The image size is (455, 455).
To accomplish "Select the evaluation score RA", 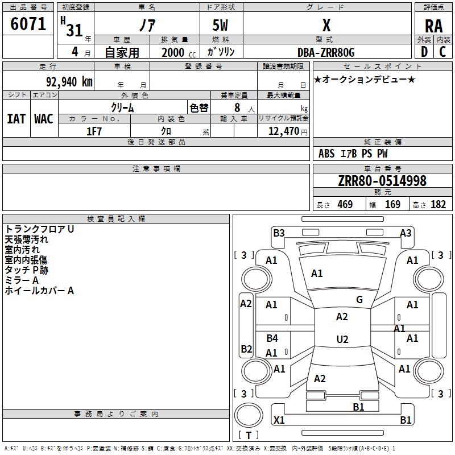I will (x=433, y=26).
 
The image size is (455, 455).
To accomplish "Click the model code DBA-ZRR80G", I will (x=326, y=52).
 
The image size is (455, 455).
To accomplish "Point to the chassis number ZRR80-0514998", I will (x=382, y=181).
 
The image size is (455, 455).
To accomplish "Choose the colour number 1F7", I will (x=94, y=131).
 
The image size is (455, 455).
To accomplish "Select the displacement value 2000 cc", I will (x=176, y=52).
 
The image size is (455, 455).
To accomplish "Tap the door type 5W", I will (x=220, y=26).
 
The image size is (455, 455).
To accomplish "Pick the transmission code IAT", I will (x=16, y=118).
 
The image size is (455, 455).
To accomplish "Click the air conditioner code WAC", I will (x=43, y=118).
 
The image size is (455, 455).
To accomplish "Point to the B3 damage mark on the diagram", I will (x=279, y=233).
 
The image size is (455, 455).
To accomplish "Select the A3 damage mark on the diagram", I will (x=406, y=233).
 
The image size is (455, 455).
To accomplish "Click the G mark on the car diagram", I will (x=359, y=299).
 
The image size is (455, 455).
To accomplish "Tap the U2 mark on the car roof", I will (x=342, y=340).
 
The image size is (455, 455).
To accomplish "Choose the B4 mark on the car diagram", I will (x=272, y=338).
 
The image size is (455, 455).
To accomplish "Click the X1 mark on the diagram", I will (x=279, y=420).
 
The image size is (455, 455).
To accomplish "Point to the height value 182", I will (x=438, y=205).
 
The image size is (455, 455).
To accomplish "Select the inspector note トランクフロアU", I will (x=40, y=229).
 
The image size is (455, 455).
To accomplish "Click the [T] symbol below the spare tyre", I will (x=249, y=435).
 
